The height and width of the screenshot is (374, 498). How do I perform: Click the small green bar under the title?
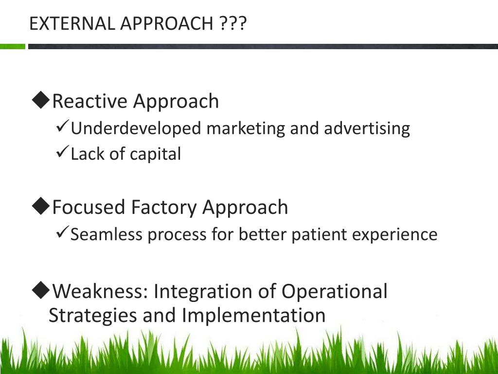pos(12,47)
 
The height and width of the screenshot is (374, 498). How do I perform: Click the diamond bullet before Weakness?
pos(41,290)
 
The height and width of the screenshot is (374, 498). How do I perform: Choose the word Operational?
pos(334,292)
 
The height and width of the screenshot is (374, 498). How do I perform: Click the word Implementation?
pos(253,315)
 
